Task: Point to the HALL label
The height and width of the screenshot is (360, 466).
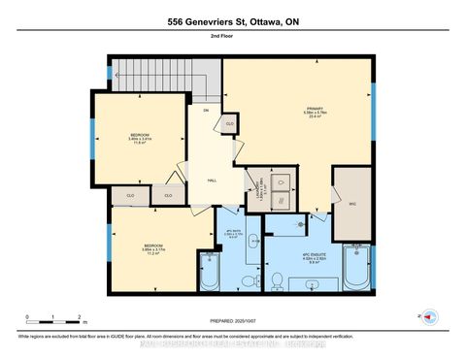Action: pyautogui.click(x=211, y=181)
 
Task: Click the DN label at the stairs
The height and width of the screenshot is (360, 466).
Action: pyautogui.click(x=206, y=111)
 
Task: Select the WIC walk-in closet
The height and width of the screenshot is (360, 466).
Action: pyautogui.click(x=352, y=204)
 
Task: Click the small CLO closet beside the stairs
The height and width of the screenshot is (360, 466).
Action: pyautogui.click(x=230, y=124)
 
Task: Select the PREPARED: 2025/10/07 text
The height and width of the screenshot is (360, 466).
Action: pyautogui.click(x=232, y=321)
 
